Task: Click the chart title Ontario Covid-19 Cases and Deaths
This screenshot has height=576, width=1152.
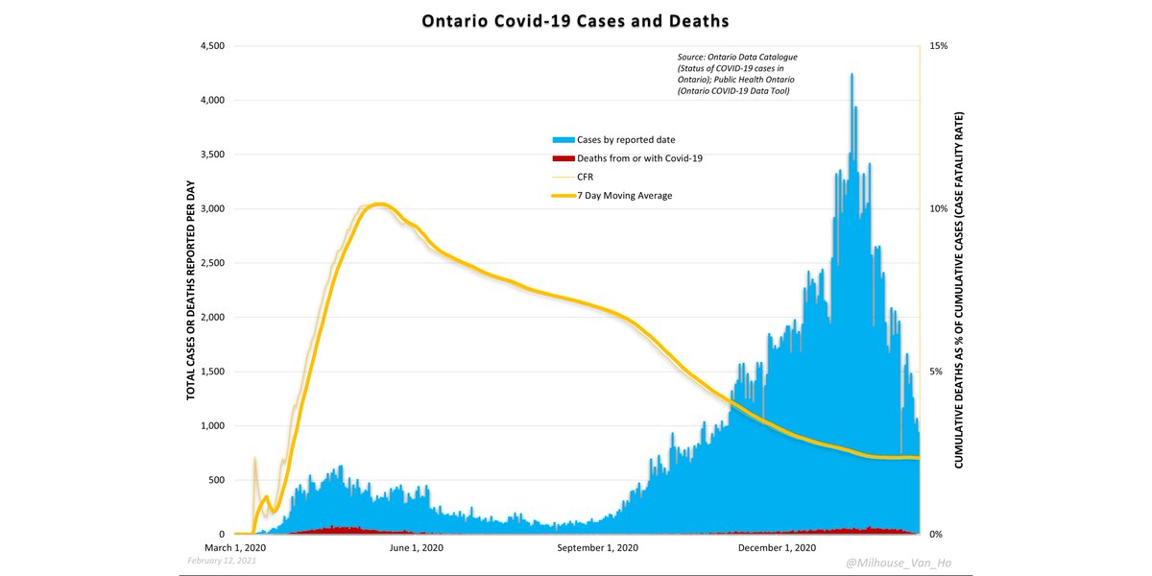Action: point(575,20)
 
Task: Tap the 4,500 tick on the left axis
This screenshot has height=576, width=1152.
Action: point(211,46)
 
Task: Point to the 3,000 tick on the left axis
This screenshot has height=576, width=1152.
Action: point(211,208)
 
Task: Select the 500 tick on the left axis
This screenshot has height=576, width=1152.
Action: point(217,480)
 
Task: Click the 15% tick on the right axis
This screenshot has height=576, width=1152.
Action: point(937,46)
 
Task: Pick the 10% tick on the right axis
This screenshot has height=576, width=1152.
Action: point(937,208)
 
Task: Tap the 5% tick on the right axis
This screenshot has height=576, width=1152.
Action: point(935,372)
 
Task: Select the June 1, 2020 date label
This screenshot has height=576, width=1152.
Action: point(416,548)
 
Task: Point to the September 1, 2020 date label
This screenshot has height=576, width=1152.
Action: point(597,548)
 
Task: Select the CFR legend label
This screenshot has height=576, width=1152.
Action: point(586,177)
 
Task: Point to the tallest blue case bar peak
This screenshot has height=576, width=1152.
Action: point(851,76)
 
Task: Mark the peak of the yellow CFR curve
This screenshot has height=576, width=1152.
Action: point(379,204)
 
